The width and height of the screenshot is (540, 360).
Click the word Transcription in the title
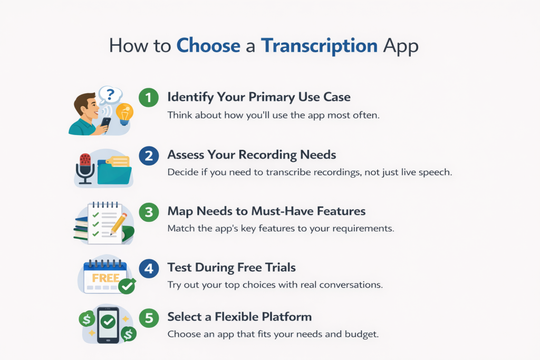click(x=319, y=46)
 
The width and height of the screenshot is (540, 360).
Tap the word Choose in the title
click(x=208, y=45)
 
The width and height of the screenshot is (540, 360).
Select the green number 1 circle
click(x=149, y=98)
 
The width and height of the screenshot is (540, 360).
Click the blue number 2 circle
click(x=149, y=155)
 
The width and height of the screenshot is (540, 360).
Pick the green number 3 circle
click(x=149, y=212)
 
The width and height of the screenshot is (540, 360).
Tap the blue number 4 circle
click(x=149, y=268)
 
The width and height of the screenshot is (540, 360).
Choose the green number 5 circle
click(x=149, y=318)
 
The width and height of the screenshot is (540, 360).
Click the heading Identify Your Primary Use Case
click(x=259, y=98)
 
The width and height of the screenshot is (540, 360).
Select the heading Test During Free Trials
click(x=232, y=267)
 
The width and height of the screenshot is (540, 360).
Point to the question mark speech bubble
click(x=110, y=95)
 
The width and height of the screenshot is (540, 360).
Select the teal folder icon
click(x=114, y=171)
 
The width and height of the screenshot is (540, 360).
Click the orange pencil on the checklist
click(x=119, y=223)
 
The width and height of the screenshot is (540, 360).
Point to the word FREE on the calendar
click(x=105, y=278)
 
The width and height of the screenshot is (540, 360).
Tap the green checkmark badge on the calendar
click(x=127, y=286)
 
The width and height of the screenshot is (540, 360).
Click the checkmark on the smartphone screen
click(x=109, y=322)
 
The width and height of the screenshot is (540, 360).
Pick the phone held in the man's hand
click(x=105, y=124)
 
